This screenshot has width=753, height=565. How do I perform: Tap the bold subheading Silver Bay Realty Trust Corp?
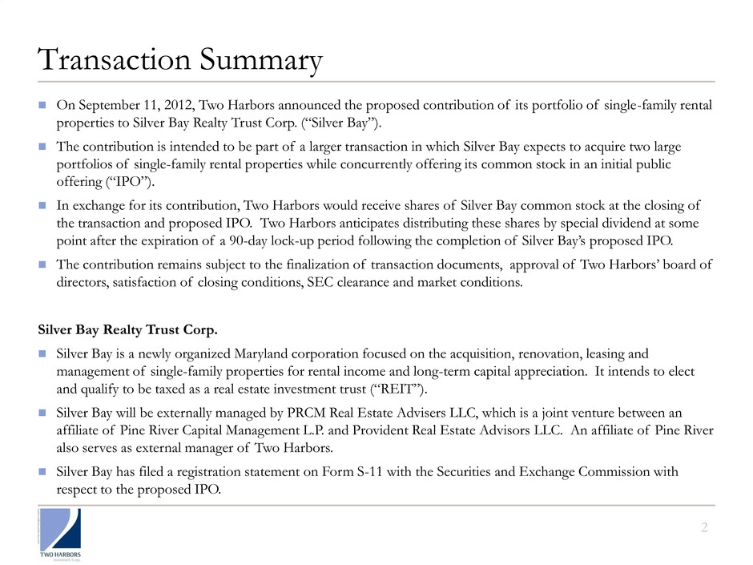point(128,330)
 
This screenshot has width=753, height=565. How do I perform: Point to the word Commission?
point(606,473)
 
